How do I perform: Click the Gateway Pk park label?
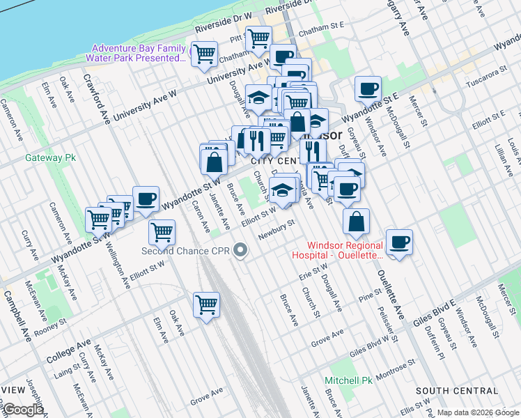49,157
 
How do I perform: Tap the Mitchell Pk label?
348,380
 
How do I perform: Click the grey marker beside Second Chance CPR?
241,250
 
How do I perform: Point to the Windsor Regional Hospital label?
345,250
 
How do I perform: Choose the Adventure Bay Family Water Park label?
139,53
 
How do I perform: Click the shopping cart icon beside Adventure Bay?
204,53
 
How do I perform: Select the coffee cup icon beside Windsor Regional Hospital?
399,242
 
